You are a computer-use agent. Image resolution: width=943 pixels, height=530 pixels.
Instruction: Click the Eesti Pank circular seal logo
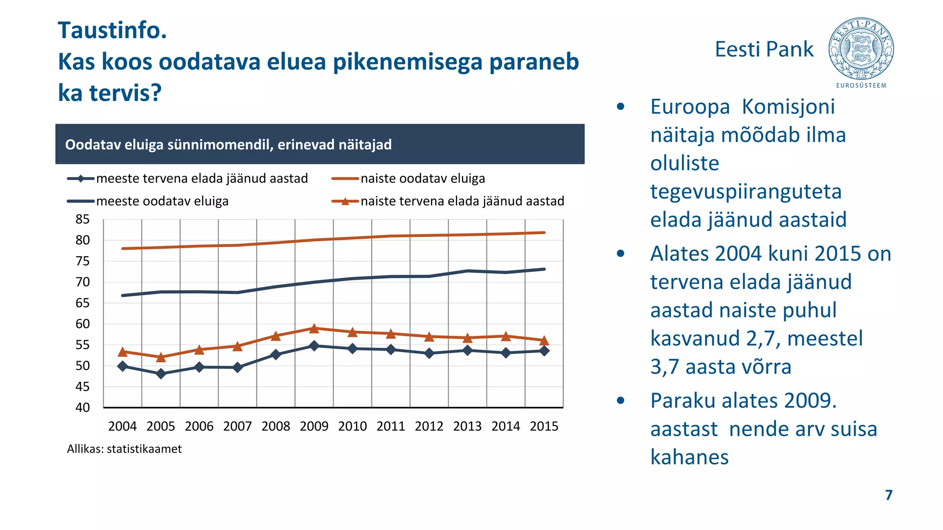point(861,49)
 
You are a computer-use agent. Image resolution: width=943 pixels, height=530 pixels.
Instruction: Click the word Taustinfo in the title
point(112,30)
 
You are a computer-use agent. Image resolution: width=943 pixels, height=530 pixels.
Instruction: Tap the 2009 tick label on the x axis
point(314,426)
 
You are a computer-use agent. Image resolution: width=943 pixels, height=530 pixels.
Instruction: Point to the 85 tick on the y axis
point(82,219)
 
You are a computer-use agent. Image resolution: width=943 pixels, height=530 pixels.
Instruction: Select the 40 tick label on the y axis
point(82,408)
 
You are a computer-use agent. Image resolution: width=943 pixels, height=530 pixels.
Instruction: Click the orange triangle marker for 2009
point(314,328)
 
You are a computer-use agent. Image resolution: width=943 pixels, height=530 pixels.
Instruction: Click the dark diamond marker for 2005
point(161,374)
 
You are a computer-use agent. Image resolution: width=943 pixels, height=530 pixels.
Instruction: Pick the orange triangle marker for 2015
point(544,340)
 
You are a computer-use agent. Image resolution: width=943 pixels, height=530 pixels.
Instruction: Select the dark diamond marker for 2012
point(429,353)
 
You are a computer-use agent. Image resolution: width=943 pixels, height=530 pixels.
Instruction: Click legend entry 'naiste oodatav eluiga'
point(422,179)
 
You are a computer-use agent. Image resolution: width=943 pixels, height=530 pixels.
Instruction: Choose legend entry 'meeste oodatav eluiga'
point(162,201)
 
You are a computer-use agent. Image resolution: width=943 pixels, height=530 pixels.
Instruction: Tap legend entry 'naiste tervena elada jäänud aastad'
point(462,201)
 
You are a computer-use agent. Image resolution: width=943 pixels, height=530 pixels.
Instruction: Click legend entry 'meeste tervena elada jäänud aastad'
point(202,179)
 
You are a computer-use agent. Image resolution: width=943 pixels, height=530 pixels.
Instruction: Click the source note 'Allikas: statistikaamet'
point(124,449)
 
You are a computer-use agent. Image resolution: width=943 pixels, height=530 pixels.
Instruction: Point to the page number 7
point(889,495)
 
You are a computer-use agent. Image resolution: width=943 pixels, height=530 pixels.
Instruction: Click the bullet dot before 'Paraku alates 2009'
point(621,401)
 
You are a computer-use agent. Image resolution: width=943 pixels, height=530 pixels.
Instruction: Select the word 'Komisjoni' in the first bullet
point(788,107)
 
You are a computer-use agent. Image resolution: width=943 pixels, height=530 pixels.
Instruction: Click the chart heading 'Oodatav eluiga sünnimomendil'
point(228,144)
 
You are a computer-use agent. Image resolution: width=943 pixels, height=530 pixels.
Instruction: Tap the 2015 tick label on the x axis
point(544,426)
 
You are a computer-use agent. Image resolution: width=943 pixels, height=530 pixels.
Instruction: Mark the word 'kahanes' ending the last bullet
point(689,457)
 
